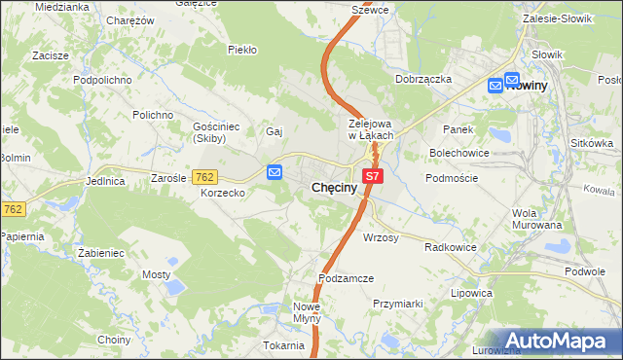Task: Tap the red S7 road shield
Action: pos(374,177)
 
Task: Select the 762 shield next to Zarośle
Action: pos(204,177)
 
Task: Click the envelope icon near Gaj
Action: pos(275,172)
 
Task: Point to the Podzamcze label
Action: pos(347,278)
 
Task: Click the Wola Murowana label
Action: pos(538,219)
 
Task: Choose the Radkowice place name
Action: pos(450,247)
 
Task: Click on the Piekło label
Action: pos(241,50)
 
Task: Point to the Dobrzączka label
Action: pos(423,79)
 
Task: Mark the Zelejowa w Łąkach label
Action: pos(370,129)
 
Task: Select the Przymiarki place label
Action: pos(397,304)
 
